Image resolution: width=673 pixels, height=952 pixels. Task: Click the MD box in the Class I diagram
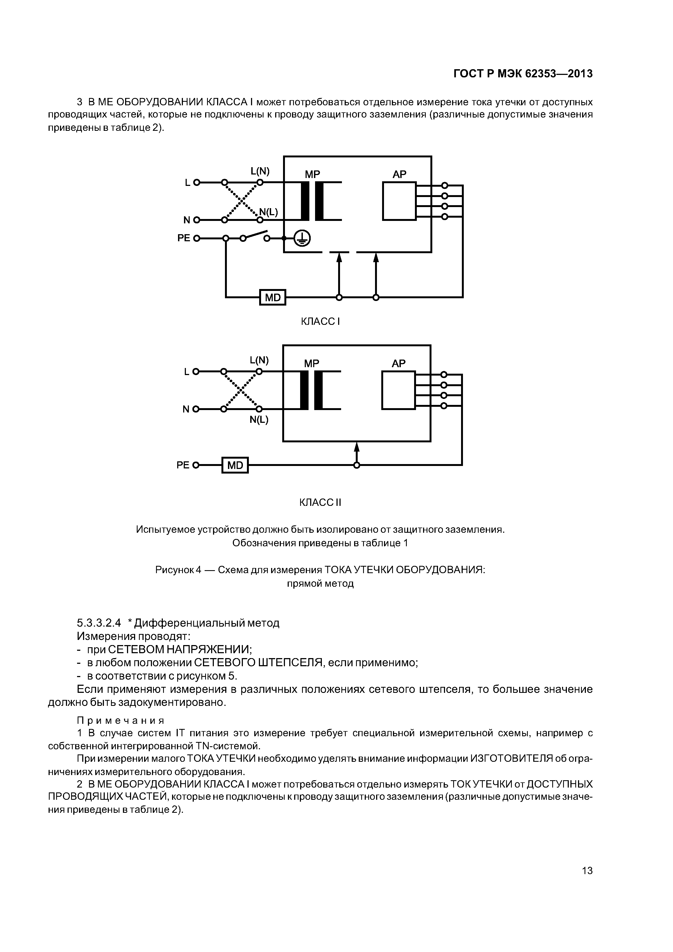coord(272,297)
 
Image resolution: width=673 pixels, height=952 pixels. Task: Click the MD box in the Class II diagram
coord(235,465)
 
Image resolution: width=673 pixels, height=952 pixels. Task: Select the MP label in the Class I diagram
coord(312,174)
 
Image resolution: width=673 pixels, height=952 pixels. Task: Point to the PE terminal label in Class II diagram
coord(183,465)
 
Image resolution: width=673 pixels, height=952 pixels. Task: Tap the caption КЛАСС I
coord(320,321)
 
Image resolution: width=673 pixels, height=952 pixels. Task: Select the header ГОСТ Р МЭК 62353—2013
coord(523,74)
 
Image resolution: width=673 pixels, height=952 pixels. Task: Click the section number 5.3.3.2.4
coord(99,623)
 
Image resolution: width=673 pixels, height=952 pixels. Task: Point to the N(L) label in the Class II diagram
coord(259,420)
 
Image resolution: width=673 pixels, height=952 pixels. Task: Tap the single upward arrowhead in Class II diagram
coord(357,447)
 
